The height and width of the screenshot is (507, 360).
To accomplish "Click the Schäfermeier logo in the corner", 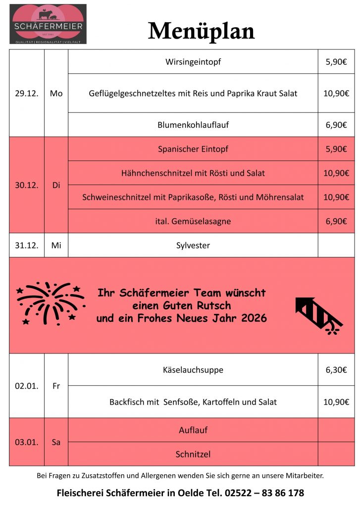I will pyautogui.click(x=48, y=24).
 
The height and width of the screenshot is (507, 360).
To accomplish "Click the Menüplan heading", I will pyautogui.click(x=201, y=31).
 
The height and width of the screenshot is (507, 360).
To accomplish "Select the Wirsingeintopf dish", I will pyautogui.click(x=193, y=62).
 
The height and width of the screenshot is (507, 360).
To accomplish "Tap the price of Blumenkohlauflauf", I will pyautogui.click(x=336, y=125).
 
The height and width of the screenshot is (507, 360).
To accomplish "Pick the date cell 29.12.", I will pyautogui.click(x=27, y=93).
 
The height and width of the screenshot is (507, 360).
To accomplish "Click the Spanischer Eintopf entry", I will pyautogui.click(x=193, y=149).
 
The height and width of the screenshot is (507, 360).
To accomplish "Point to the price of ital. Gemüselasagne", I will pyautogui.click(x=336, y=221).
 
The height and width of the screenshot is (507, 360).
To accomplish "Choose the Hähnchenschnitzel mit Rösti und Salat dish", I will pyautogui.click(x=193, y=173).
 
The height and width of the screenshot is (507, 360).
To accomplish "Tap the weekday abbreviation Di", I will pyautogui.click(x=56, y=185).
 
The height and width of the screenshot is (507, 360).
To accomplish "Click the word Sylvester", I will pyautogui.click(x=193, y=246).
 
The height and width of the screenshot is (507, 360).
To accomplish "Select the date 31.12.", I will pyautogui.click(x=27, y=246).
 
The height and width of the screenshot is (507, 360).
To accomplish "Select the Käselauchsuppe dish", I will pyautogui.click(x=193, y=370).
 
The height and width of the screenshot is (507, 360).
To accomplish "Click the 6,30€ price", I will pyautogui.click(x=336, y=370).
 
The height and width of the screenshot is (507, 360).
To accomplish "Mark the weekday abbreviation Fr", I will pyautogui.click(x=56, y=386).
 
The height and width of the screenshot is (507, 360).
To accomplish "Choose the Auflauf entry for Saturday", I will pyautogui.click(x=193, y=430).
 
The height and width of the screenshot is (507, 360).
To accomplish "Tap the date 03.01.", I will pyautogui.click(x=27, y=442).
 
